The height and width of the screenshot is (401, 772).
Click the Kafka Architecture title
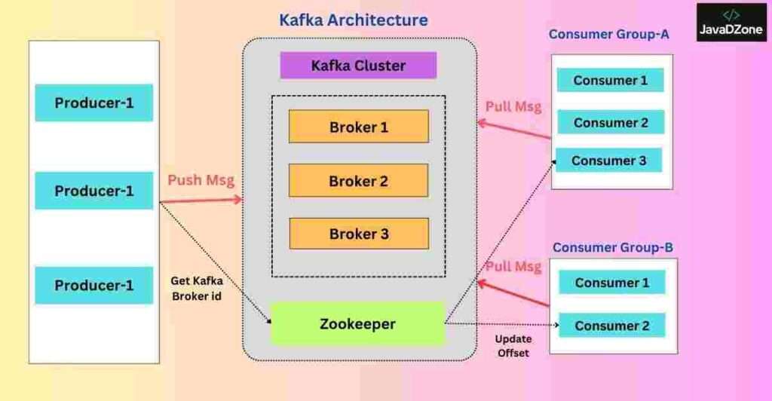click(354, 20)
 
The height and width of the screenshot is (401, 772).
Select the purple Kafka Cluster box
click(358, 66)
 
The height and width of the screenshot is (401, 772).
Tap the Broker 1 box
click(359, 127)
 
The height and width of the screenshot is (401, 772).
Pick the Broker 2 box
click(358, 181)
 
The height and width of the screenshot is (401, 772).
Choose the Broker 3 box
click(359, 234)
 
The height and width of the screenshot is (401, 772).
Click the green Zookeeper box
click(358, 324)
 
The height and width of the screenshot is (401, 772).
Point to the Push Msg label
click(201, 181)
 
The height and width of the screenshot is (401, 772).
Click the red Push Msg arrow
click(201, 200)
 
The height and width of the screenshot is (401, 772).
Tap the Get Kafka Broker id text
click(197, 289)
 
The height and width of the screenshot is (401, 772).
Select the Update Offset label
click(513, 346)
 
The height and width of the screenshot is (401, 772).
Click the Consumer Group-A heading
click(609, 35)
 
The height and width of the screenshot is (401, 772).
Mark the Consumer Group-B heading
click(612, 247)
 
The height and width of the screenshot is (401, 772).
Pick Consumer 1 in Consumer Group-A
click(611, 80)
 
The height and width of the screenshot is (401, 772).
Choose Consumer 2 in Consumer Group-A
click(611, 123)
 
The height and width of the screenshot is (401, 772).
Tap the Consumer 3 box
click(609, 161)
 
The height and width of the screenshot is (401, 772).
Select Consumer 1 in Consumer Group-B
click(612, 283)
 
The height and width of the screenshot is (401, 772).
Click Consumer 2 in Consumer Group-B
click(612, 326)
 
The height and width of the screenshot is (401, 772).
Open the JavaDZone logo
click(731, 23)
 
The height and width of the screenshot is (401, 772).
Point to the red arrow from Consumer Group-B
click(513, 294)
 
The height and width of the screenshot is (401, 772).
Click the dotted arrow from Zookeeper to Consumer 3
click(500, 242)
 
